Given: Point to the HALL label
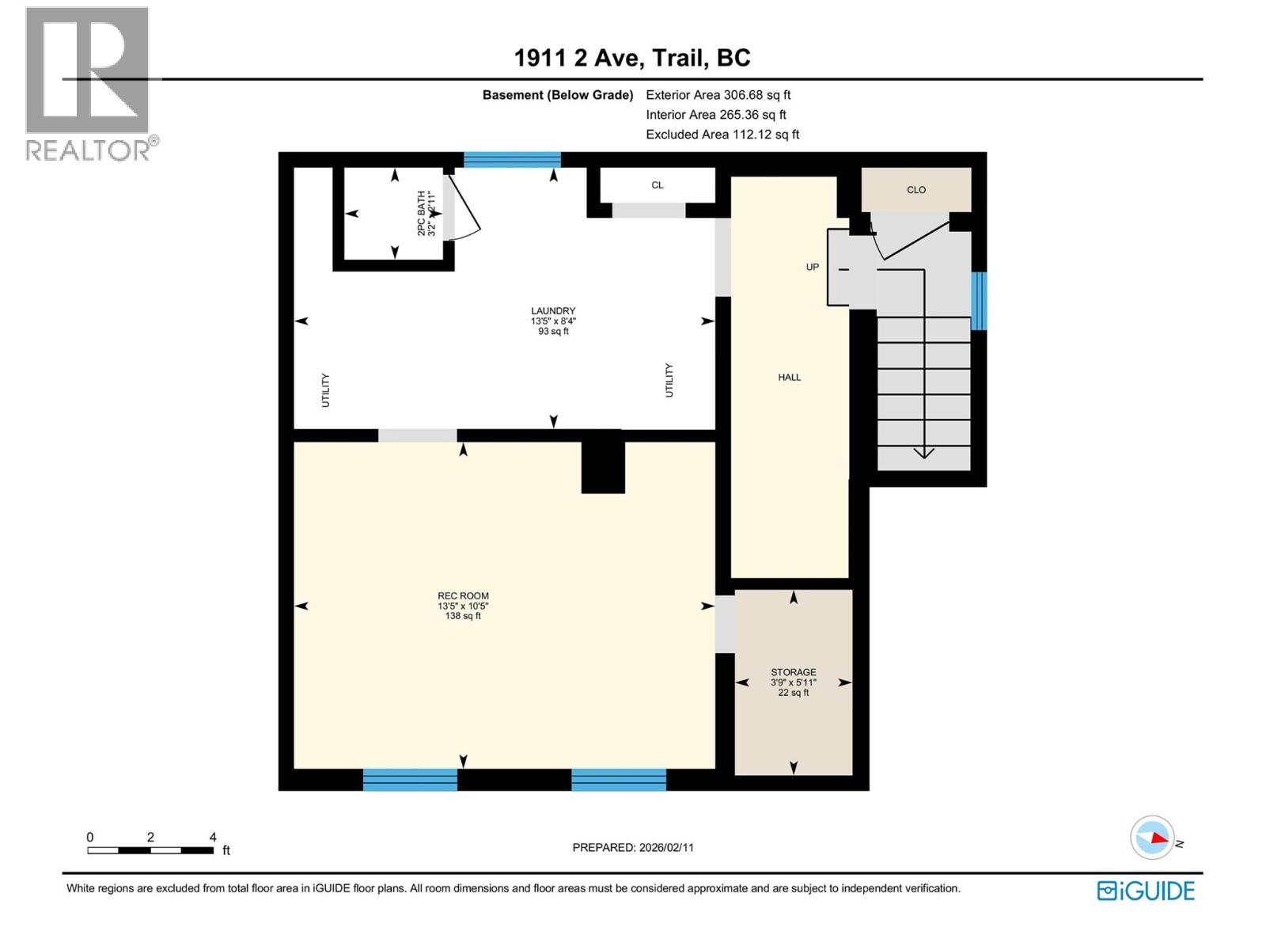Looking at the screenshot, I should [x=790, y=378].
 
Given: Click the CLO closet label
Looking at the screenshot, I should [x=916, y=190].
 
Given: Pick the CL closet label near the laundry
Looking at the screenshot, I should [x=658, y=185].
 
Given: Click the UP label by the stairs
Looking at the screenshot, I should [x=813, y=268].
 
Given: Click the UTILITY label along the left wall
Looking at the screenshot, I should [x=325, y=390].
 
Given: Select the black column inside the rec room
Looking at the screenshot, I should [x=603, y=467].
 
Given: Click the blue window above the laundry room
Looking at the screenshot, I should [x=512, y=160].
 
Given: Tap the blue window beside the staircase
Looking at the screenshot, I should [x=979, y=301].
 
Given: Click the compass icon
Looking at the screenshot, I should [x=1152, y=838].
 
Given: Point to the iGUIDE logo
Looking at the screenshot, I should [x=1146, y=891].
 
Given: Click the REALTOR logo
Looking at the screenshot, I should [x=89, y=83].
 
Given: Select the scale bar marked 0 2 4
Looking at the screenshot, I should [x=150, y=849].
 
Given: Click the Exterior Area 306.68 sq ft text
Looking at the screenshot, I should [x=718, y=95].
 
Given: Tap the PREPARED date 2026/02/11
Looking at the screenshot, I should [x=633, y=847].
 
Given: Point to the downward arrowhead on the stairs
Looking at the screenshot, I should [x=924, y=453].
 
